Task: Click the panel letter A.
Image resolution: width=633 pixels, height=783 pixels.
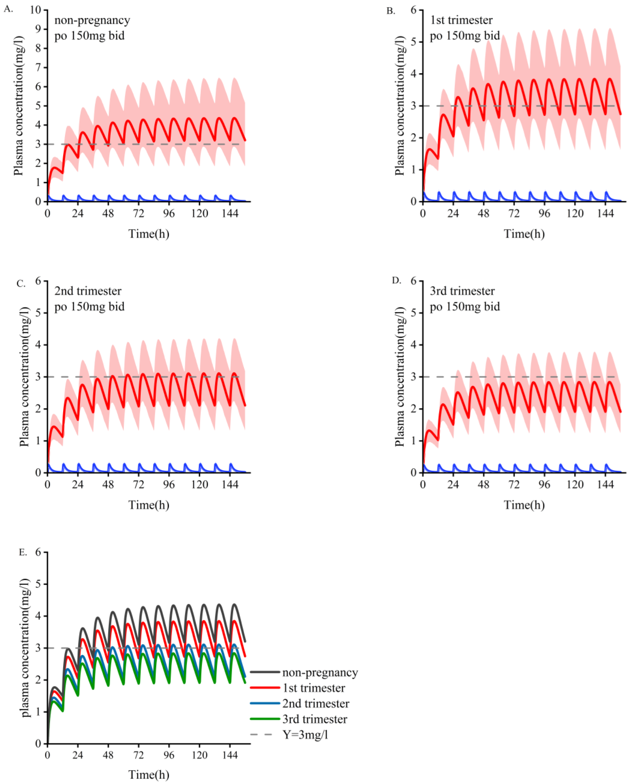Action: [x=8, y=9]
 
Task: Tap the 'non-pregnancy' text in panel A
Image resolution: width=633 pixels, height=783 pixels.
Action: [x=92, y=20]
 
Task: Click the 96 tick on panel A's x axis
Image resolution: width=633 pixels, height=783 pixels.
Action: [x=169, y=214]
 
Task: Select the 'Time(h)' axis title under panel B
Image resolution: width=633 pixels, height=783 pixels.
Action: [x=524, y=234]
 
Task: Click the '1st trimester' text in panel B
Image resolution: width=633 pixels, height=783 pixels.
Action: [x=461, y=20]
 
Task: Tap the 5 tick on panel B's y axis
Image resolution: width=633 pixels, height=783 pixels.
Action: [x=413, y=42]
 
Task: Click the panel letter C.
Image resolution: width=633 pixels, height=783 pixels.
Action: [x=21, y=283]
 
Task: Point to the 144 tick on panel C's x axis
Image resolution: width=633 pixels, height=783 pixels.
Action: [x=230, y=485]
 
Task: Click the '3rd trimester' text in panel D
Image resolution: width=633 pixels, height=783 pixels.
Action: [x=462, y=291]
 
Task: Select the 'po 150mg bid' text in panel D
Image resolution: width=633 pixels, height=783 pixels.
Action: [x=465, y=307]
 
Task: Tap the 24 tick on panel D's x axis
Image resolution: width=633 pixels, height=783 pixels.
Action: [x=453, y=485]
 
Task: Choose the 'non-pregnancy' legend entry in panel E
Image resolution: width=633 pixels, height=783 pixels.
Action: [x=320, y=672]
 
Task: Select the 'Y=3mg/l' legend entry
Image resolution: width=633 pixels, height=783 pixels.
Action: [x=305, y=735]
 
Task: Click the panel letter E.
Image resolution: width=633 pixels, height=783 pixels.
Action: [x=23, y=552]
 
